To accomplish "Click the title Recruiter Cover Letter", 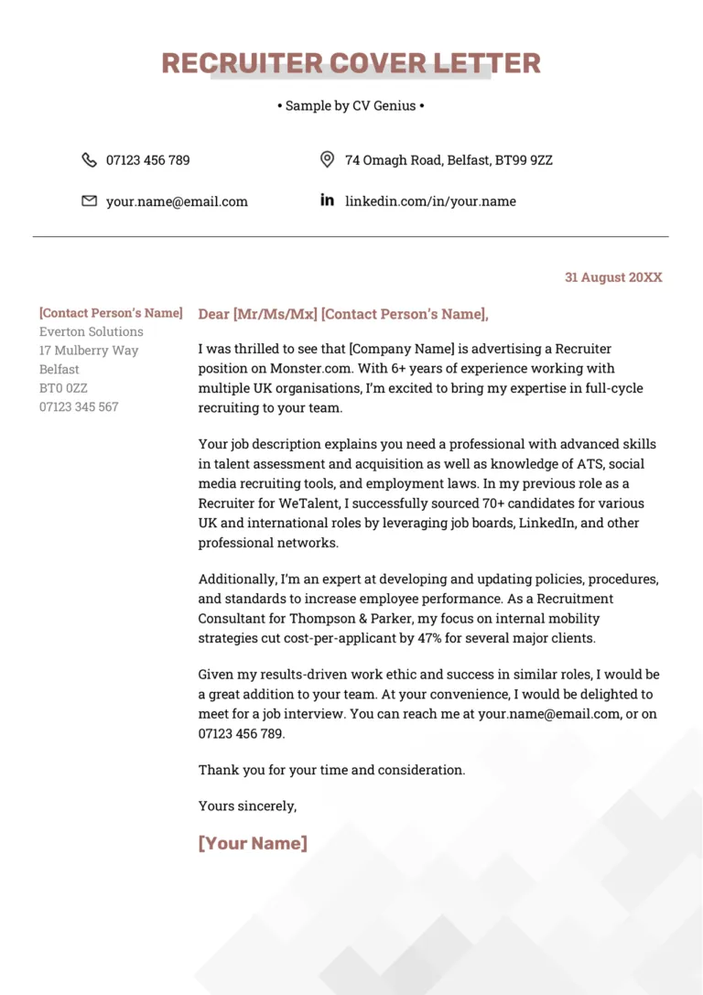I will tap(351, 63).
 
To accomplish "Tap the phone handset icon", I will tap(89, 160).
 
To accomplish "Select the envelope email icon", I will tap(89, 200).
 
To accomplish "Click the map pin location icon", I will tap(327, 160).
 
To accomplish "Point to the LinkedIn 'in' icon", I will tap(327, 200).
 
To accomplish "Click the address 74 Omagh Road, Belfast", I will tap(449, 160).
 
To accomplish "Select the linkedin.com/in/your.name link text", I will tap(430, 201).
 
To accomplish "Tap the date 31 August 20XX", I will tap(612, 277).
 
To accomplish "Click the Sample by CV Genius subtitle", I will tap(351, 106).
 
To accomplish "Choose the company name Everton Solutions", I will tap(92, 331).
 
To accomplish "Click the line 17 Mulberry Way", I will tap(89, 351).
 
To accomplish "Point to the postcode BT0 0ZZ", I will tap(63, 388).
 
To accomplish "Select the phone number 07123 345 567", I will tap(79, 406).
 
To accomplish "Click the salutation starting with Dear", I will tap(343, 314).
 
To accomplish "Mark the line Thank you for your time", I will tap(331, 770).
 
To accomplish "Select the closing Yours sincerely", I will tap(247, 806).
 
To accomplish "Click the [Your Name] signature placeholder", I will tap(253, 843).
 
